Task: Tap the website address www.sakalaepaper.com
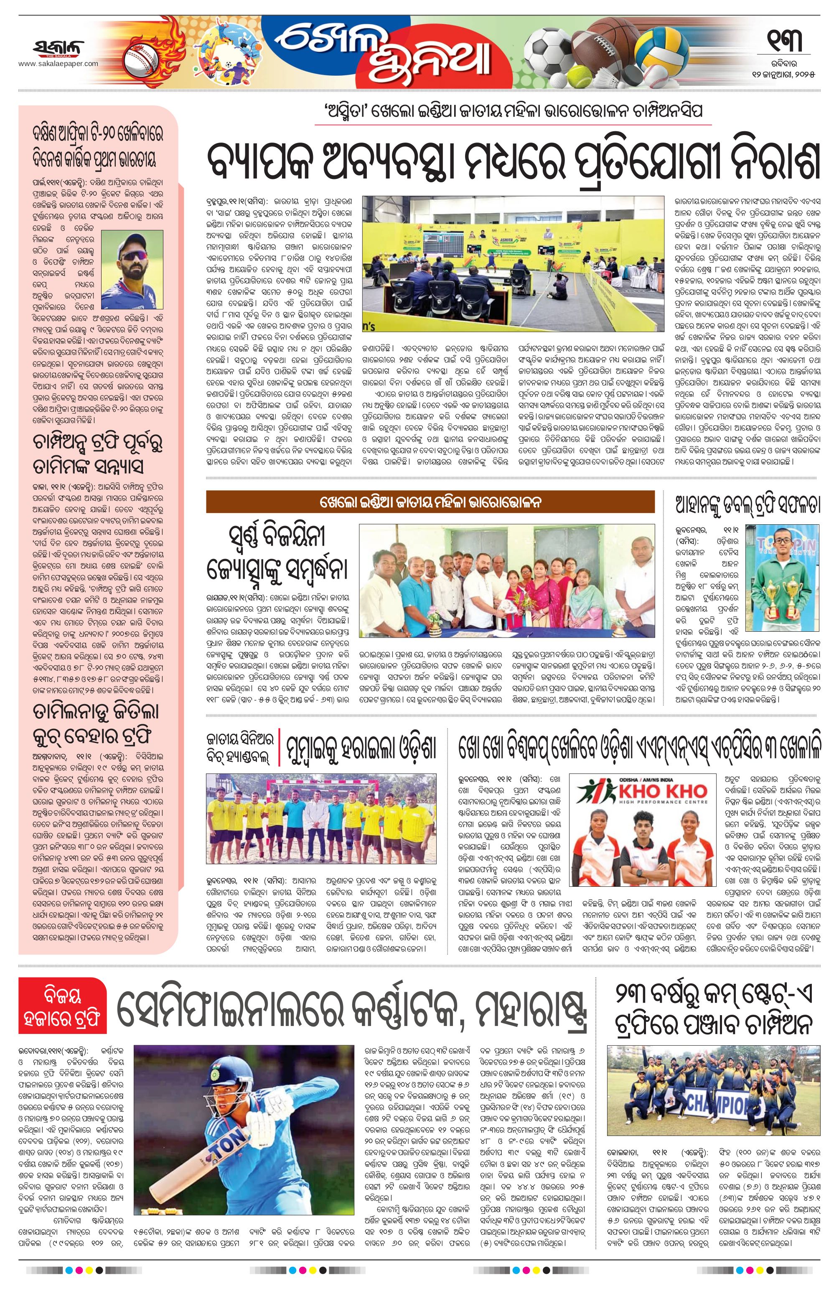click(58, 64)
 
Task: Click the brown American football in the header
click(601, 49)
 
